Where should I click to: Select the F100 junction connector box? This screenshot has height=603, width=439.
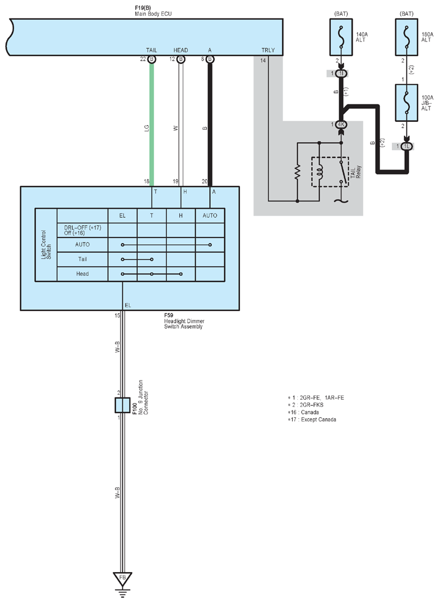pos(123,405)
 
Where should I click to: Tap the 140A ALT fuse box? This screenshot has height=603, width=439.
pos(341,37)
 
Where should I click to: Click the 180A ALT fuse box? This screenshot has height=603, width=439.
pos(406,37)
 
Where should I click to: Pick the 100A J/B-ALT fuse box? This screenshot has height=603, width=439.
pos(406,103)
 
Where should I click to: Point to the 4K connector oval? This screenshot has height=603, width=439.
pos(341,125)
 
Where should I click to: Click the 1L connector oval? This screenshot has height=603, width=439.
pos(406,147)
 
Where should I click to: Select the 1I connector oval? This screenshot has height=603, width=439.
pos(341,74)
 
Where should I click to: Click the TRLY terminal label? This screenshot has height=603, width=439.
pos(268,50)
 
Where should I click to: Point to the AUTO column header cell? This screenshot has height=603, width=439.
pos(210,216)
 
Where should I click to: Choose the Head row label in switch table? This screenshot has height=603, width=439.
pos(82,274)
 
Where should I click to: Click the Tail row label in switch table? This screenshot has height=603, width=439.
pos(82,259)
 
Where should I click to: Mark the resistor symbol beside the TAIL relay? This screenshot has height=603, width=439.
pos(297,172)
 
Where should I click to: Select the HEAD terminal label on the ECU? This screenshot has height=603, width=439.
pos(181,50)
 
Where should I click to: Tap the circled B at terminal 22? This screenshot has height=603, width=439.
pos(152,59)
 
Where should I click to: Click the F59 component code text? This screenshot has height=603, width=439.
pos(169,316)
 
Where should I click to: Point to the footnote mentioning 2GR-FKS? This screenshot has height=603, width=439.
pos(306,405)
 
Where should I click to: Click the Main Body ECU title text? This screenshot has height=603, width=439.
pos(153,14)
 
